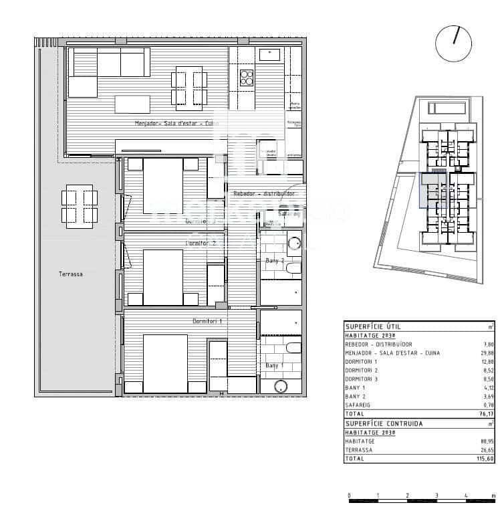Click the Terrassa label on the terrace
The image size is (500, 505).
70,274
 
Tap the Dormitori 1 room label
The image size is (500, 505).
207,322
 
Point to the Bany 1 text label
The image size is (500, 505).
273,366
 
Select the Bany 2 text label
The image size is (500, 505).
275,260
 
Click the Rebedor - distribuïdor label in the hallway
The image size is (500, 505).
264,193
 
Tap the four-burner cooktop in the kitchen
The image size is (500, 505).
247,77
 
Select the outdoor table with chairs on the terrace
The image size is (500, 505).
79,205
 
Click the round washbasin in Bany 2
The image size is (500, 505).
294,243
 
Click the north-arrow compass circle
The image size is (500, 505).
453,43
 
